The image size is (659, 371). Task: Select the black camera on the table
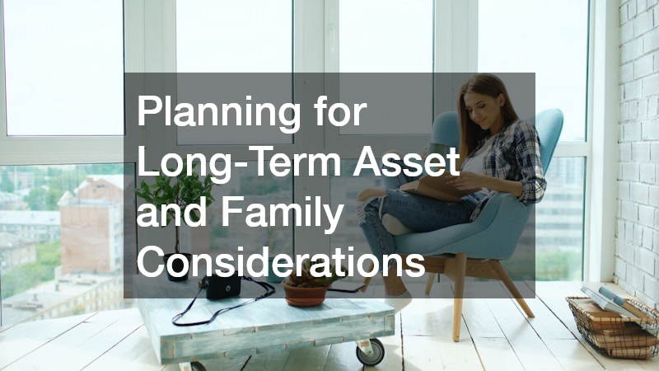pyautogui.click(x=222, y=285)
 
